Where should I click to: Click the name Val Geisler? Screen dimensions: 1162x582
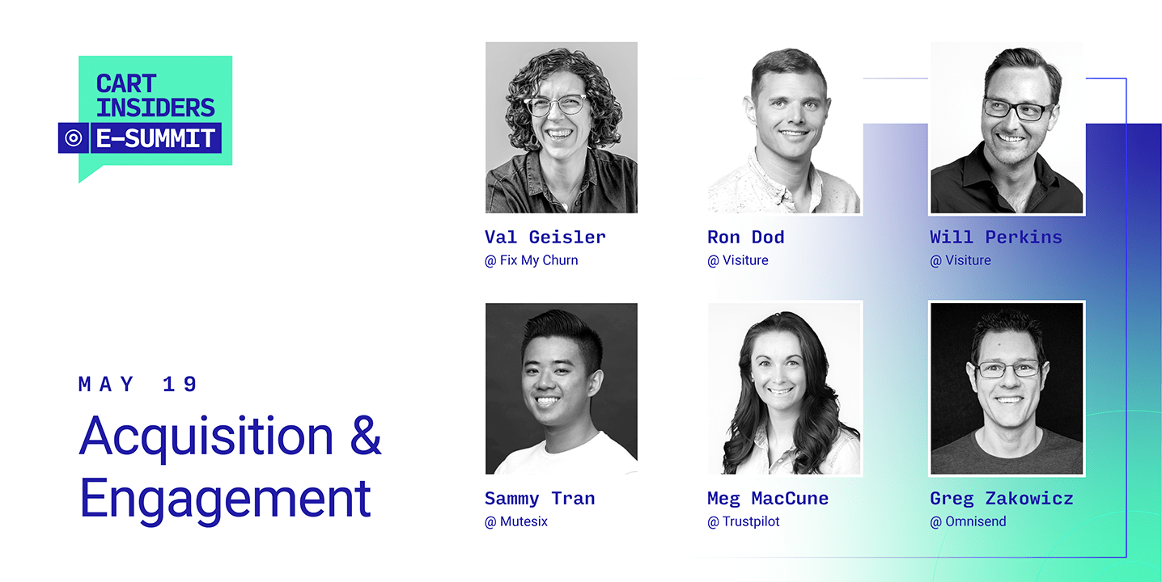(545, 238)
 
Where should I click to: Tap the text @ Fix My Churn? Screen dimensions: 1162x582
(531, 260)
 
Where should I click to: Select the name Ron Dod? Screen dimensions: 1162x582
(745, 238)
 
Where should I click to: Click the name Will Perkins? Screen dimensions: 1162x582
(995, 238)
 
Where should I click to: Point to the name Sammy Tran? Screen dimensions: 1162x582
(540, 499)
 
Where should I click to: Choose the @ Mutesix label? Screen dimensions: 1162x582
(516, 521)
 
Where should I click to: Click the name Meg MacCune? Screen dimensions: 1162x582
(768, 499)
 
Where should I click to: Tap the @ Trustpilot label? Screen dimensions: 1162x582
(744, 521)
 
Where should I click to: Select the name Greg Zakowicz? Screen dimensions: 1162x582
(1001, 499)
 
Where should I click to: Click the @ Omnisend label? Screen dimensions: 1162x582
(968, 521)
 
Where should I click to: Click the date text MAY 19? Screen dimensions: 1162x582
(138, 385)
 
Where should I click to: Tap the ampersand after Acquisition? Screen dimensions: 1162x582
(366, 436)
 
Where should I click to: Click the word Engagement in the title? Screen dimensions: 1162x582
(225, 500)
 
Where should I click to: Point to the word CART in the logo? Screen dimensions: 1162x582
(126, 84)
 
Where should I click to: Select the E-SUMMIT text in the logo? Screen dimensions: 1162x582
(155, 138)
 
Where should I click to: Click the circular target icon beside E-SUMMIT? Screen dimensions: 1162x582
(73, 138)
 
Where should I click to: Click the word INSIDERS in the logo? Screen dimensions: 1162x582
(155, 108)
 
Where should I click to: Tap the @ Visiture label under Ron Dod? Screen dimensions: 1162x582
(738, 260)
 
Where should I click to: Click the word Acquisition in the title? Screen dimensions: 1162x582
(206, 436)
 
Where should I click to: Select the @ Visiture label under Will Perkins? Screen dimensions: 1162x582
(961, 260)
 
